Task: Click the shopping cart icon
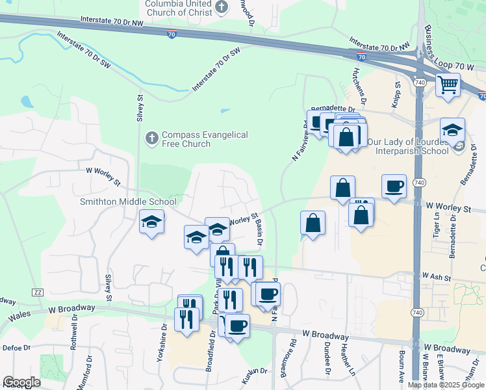point(447,84)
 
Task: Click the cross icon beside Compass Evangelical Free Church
point(151,138)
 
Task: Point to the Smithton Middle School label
point(128,201)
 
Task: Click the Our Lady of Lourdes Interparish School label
point(407,146)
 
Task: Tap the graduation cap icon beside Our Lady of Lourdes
point(452,130)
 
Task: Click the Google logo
point(21,382)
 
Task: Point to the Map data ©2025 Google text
point(446,385)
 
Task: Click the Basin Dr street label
point(260,233)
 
